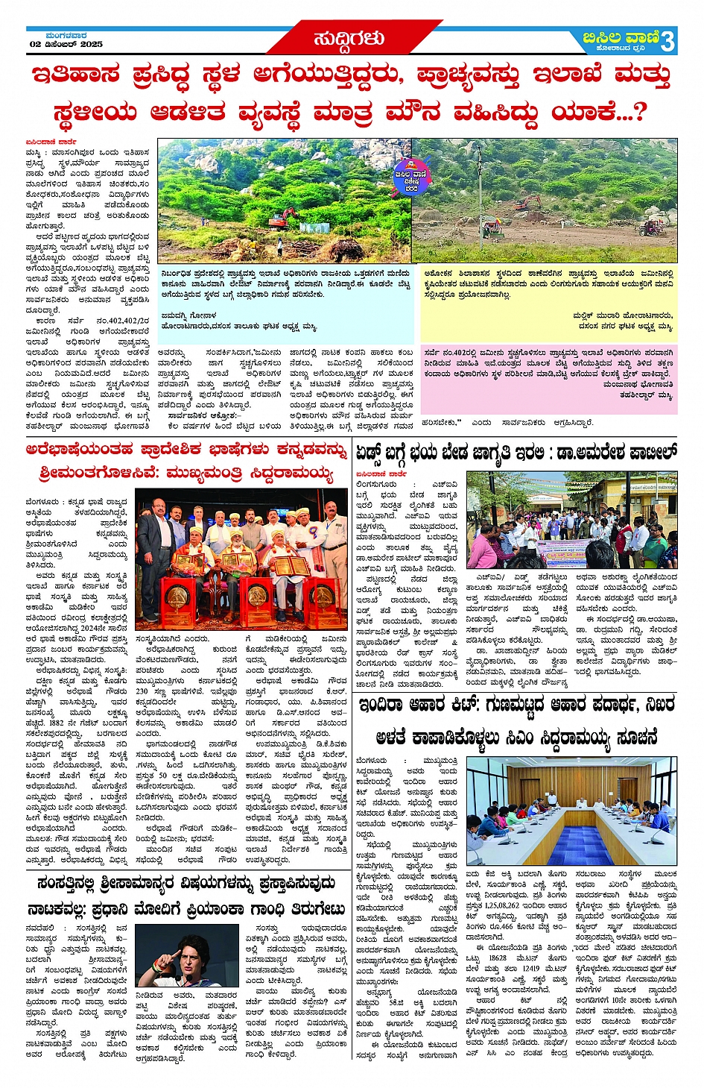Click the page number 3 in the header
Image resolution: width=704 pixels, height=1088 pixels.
(x=667, y=41)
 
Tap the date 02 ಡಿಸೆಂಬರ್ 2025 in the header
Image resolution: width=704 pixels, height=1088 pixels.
(x=66, y=44)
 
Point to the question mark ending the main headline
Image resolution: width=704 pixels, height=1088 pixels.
(x=638, y=112)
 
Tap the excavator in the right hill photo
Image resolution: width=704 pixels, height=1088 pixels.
(x=526, y=202)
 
